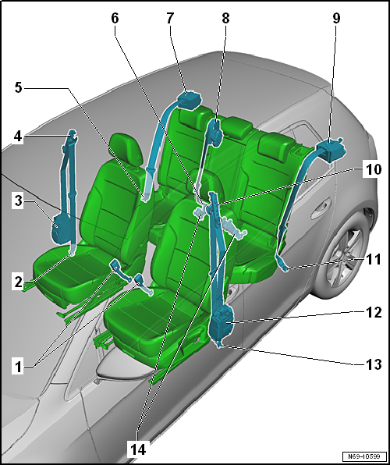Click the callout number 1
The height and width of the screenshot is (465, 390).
coord(19,367)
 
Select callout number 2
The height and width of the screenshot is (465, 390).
coord(19,282)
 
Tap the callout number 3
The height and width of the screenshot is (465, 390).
coord(19,201)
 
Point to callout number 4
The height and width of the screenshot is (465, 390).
coord(19,137)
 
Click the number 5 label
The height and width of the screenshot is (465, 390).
coord(19,88)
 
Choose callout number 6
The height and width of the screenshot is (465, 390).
coord(115,19)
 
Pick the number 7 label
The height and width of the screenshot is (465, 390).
coord(169,19)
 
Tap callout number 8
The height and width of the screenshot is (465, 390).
coord(225,19)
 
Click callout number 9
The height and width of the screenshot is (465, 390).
coord(336,19)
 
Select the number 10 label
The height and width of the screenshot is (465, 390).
coord(371,170)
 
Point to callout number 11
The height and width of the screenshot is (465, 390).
coord(371,260)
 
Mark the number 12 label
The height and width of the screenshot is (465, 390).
coord(371,312)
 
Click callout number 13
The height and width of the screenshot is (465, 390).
coord(371,364)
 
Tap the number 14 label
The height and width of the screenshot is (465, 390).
coord(138,449)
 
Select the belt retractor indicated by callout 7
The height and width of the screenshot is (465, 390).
coord(190,100)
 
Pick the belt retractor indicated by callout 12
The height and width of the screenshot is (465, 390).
coord(222,323)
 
